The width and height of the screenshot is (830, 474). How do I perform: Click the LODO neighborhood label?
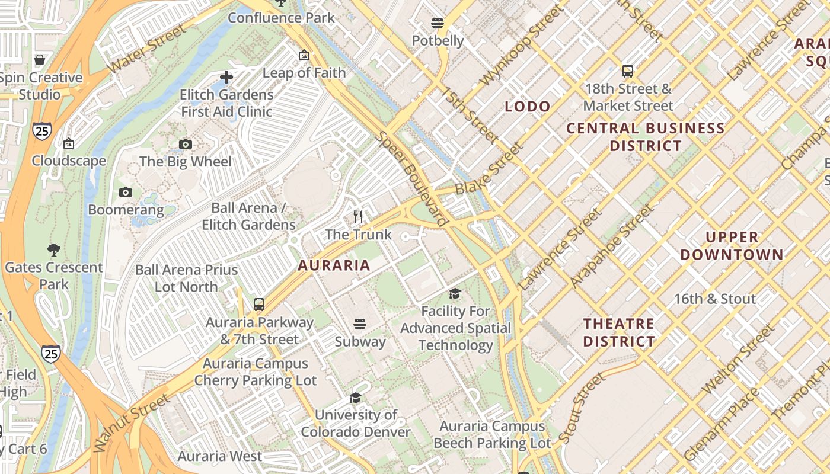click(x=527, y=107)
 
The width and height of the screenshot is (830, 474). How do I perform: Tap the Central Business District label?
click(x=646, y=137)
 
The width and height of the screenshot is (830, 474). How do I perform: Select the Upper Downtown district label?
click(x=732, y=246)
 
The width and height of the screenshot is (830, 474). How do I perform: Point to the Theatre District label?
click(x=619, y=332)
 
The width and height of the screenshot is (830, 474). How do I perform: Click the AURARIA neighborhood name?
click(x=334, y=265)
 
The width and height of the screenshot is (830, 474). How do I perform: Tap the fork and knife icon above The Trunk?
click(x=358, y=217)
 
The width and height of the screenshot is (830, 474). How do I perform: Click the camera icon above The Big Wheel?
click(x=186, y=144)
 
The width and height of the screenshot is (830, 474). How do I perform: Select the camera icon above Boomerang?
click(x=126, y=192)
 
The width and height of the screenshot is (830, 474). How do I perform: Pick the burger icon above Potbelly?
click(x=438, y=23)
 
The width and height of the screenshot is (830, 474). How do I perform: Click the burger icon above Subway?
click(x=360, y=324)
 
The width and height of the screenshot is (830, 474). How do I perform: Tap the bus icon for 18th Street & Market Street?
click(x=628, y=71)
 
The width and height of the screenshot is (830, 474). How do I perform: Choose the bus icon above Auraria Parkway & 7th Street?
click(x=259, y=305)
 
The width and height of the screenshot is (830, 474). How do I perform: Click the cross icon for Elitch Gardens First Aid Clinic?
click(x=226, y=77)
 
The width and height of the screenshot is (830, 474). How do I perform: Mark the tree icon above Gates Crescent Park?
click(x=54, y=249)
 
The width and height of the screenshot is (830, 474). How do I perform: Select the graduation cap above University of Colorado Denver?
click(x=355, y=398)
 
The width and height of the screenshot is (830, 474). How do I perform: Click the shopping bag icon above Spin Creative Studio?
click(x=40, y=60)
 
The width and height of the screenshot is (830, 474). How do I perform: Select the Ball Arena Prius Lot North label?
click(x=186, y=278)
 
